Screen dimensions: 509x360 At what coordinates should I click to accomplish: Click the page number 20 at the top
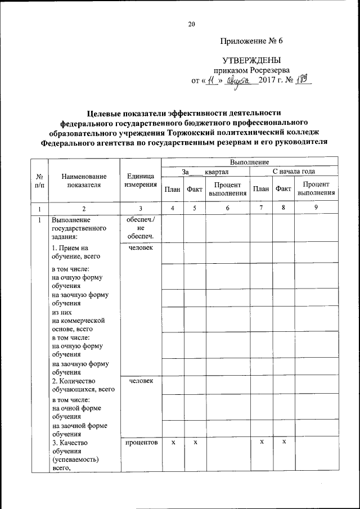click(x=191, y=24)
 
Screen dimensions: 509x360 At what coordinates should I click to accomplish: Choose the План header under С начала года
click(x=261, y=189)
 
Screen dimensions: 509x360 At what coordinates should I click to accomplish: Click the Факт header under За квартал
click(x=195, y=190)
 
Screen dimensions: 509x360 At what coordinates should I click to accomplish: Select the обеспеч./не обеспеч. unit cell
click(x=141, y=228)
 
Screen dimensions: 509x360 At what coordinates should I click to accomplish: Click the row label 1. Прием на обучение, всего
click(x=75, y=252)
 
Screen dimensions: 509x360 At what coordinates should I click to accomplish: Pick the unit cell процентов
click(x=141, y=443)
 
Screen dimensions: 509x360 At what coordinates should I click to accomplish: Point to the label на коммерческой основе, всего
click(x=71, y=319)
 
